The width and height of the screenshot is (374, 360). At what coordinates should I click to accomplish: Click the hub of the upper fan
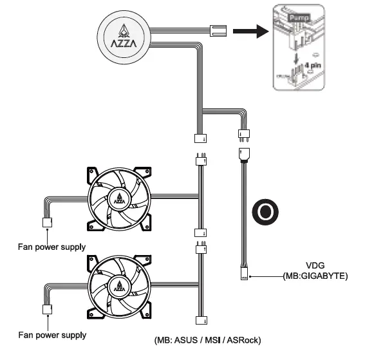tap(120, 196)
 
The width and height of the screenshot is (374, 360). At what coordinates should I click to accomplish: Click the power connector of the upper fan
tap(47, 223)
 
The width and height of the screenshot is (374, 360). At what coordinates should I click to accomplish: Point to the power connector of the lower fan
tap(47, 310)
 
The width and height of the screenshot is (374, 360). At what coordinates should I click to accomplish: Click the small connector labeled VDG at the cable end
tap(243, 274)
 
